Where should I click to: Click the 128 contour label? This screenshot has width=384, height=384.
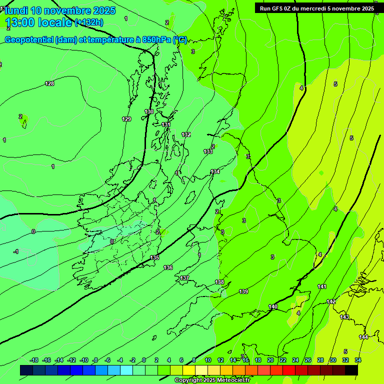coord(49,83)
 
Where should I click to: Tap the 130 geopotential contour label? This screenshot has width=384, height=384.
coord(149,111)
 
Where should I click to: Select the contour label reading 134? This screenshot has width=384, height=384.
coord(215,171)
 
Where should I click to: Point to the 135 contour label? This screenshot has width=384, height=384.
coord(154,257)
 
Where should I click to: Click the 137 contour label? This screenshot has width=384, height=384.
coord(184,278)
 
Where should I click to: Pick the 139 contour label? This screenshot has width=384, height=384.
coord(243,291)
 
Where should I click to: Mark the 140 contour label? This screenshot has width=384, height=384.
coord(273,306)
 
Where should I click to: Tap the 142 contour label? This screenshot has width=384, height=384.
coord(331,301)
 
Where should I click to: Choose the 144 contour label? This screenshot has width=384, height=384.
coord(363,337)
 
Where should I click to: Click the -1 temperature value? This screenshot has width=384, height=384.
coord(16,251)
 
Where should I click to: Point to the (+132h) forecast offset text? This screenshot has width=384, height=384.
coord(89,22)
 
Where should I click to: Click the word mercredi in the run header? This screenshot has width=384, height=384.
coord(312,8)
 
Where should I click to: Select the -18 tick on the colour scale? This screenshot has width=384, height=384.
coord(34,360)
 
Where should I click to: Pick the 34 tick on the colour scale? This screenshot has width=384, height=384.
coord(358,360)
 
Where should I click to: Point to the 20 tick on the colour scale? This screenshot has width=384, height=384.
coord(270,360)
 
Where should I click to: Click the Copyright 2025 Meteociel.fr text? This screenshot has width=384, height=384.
coord(212,380)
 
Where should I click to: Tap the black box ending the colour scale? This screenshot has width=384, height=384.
coord(351,370)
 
